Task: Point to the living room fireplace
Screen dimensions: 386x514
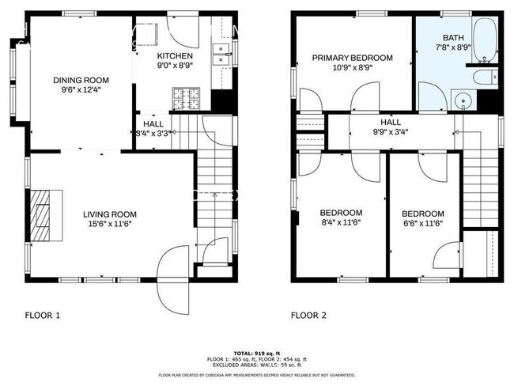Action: (x=44, y=214)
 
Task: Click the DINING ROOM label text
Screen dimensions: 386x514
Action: (x=81, y=80)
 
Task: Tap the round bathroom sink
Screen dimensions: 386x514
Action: (x=462, y=100)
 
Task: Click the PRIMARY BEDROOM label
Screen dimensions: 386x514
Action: (x=352, y=58)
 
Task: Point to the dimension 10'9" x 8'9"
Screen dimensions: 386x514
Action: (x=352, y=68)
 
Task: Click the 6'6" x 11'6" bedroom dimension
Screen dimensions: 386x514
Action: (x=422, y=225)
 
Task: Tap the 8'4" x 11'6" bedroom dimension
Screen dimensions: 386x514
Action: (x=341, y=224)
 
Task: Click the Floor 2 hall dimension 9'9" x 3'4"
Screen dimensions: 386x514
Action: (x=391, y=133)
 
